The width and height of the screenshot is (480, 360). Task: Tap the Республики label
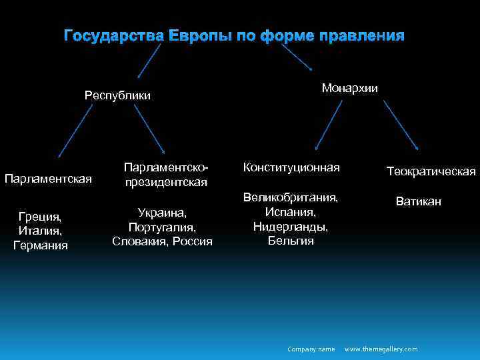coord(117,95)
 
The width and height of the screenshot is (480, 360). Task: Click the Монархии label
coord(349,88)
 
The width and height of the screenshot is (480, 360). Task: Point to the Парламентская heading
coord(48,178)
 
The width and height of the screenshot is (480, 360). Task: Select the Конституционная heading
coord(291,167)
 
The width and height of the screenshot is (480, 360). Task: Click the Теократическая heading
coord(431,172)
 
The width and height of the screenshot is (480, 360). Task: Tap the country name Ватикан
coord(418,201)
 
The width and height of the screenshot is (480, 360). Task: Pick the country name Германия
coord(41,245)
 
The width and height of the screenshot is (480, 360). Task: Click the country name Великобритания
coord(291,197)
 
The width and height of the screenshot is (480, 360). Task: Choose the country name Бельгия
coord(291,241)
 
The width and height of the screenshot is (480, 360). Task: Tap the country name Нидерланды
coord(291,226)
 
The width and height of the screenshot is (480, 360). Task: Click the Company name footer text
coord(311,349)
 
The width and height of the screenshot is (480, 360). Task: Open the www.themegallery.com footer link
coord(381,349)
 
